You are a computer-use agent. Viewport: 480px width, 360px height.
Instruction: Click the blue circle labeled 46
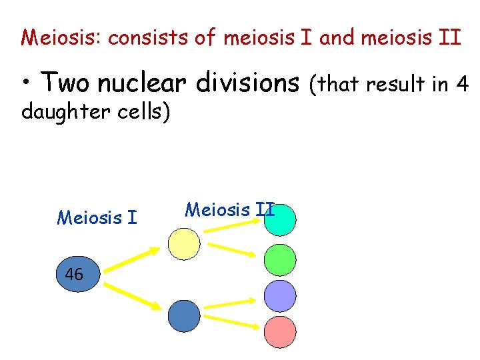[x=75, y=274]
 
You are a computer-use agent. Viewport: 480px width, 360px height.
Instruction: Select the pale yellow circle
[x=184, y=243]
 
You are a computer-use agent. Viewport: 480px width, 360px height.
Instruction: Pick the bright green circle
[x=280, y=261]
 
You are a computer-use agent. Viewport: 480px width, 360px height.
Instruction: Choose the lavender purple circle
[x=280, y=296]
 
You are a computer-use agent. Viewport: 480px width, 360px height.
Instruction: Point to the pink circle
[x=280, y=331]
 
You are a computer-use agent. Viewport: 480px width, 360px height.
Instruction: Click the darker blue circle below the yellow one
[x=184, y=316]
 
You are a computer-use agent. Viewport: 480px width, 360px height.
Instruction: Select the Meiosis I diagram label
[x=97, y=217]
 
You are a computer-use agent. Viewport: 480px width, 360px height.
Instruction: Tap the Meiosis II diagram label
[x=229, y=210]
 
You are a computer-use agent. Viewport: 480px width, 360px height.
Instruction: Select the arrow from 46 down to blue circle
[x=132, y=296]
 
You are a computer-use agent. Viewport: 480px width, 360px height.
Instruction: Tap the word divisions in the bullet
[x=247, y=83]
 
